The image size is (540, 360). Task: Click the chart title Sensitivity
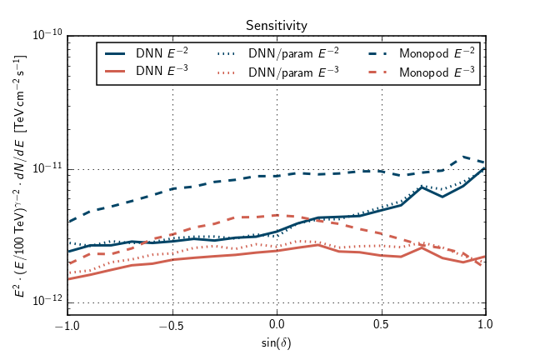(276, 26)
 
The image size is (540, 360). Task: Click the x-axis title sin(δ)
(277, 342)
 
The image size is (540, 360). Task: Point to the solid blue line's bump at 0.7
(422, 187)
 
